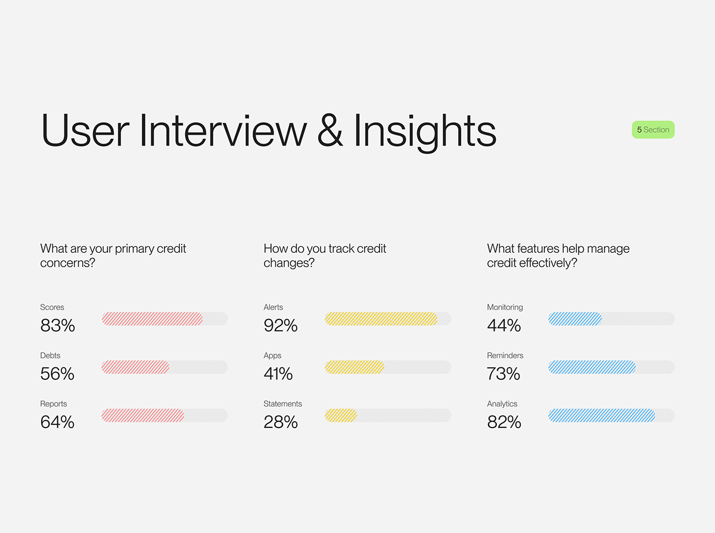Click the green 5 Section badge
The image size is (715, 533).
coord(653,129)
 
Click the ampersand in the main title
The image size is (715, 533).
coord(329,131)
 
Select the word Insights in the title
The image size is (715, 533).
coord(425,131)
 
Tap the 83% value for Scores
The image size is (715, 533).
coord(58,326)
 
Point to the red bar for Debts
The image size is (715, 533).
coord(136,367)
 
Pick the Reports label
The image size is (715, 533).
coord(54,404)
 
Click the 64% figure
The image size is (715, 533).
coord(57,422)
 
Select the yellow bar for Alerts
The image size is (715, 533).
coord(381,319)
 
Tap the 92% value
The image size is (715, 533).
coord(281,326)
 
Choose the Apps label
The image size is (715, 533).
coord(272,355)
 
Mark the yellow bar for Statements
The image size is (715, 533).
coord(341,416)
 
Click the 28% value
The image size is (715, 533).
coord(281,422)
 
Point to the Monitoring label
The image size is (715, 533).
coord(505,307)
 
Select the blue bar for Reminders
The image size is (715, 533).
coord(592,367)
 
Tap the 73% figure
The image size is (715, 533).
coord(504,374)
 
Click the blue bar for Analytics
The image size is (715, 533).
coord(602,416)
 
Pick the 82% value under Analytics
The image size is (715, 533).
coord(504,422)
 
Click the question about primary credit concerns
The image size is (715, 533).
coord(113,256)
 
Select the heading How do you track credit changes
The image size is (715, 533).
coord(325,256)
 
